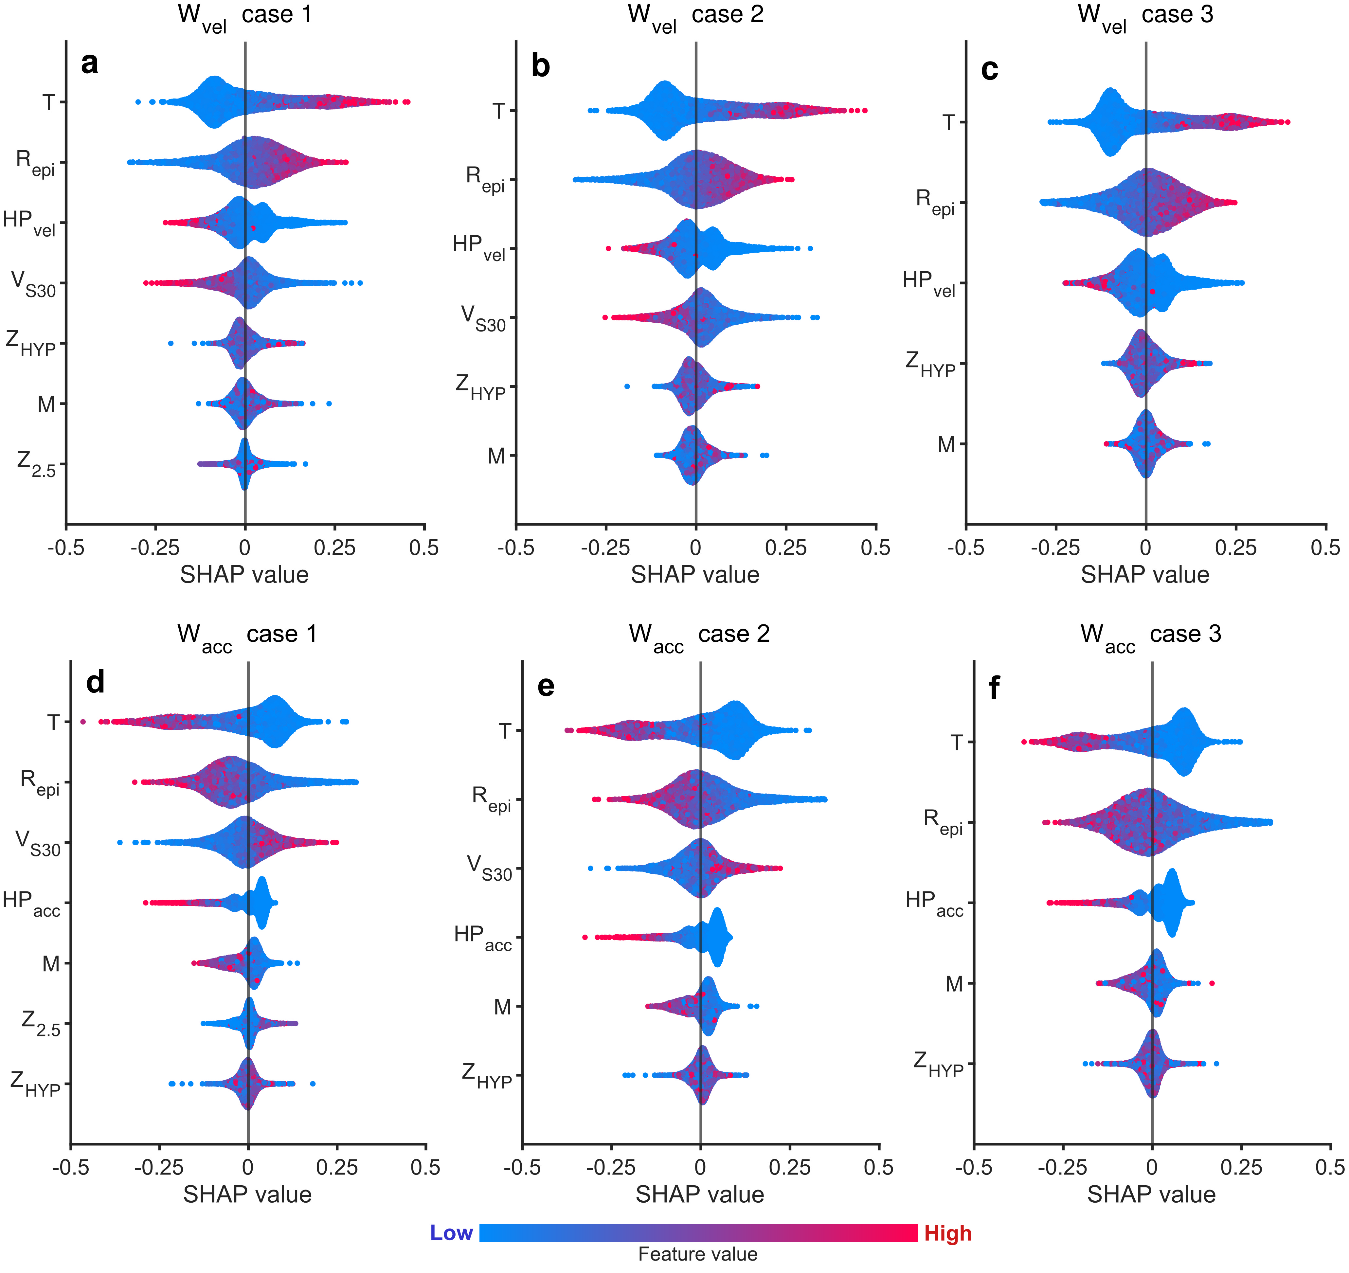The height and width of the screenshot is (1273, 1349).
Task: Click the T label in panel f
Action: (957, 742)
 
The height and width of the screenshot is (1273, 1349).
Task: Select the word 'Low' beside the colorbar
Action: (451, 1233)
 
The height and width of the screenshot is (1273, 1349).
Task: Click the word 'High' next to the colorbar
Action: (948, 1233)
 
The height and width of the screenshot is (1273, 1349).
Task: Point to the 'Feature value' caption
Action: (697, 1254)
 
